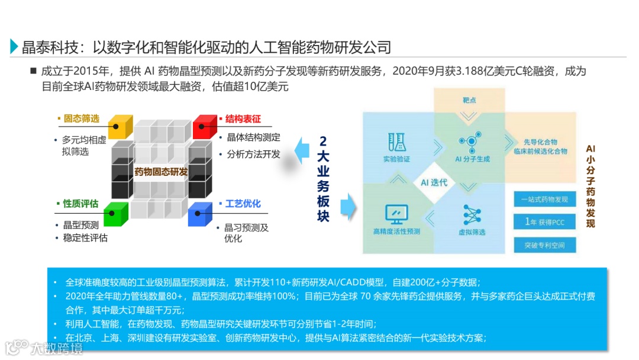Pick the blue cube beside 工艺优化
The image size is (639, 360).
pos(200,214)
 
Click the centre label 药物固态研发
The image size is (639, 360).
pos(160,172)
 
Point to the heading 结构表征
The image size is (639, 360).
pos(243,118)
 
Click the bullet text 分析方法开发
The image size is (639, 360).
pos(253,154)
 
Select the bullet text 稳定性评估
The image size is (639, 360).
pos(85,238)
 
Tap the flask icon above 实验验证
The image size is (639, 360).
pos(396,141)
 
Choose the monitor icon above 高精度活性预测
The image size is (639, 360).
pos(396,213)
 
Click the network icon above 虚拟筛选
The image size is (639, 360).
pos(472,214)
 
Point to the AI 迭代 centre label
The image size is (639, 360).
pos(434,182)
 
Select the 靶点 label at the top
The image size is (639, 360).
pos(469,100)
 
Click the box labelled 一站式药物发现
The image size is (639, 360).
pos(545,200)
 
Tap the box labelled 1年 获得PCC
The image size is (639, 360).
pos(545,222)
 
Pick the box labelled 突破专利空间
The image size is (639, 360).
pos(545,245)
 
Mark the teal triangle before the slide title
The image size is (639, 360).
pos(14,47)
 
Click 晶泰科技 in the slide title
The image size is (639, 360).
pos(48,47)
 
